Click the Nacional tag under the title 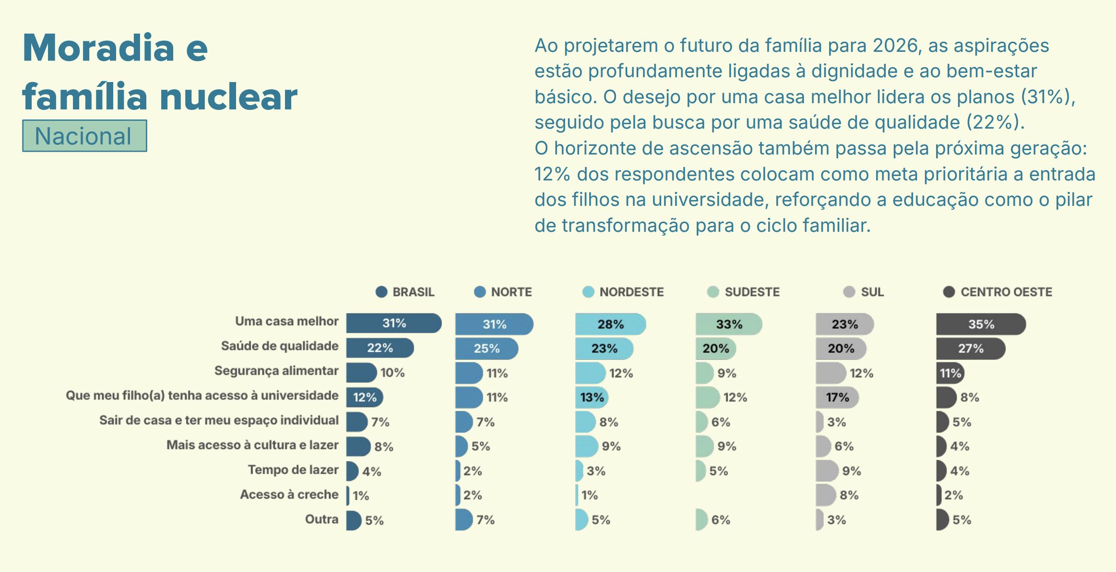(x=84, y=136)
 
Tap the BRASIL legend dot (x=381, y=292)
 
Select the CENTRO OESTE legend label (x=1006, y=292)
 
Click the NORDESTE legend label (x=631, y=292)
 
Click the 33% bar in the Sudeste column (x=728, y=324)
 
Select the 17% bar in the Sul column (x=837, y=397)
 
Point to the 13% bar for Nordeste (x=592, y=397)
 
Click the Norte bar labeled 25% (x=486, y=348)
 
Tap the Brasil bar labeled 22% (x=379, y=348)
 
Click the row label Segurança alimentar (x=276, y=371)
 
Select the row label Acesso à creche (x=289, y=495)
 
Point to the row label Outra (x=321, y=519)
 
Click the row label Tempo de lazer (x=293, y=470)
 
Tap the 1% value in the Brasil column (x=361, y=496)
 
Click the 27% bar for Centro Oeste (x=970, y=348)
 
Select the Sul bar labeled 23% (x=844, y=324)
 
